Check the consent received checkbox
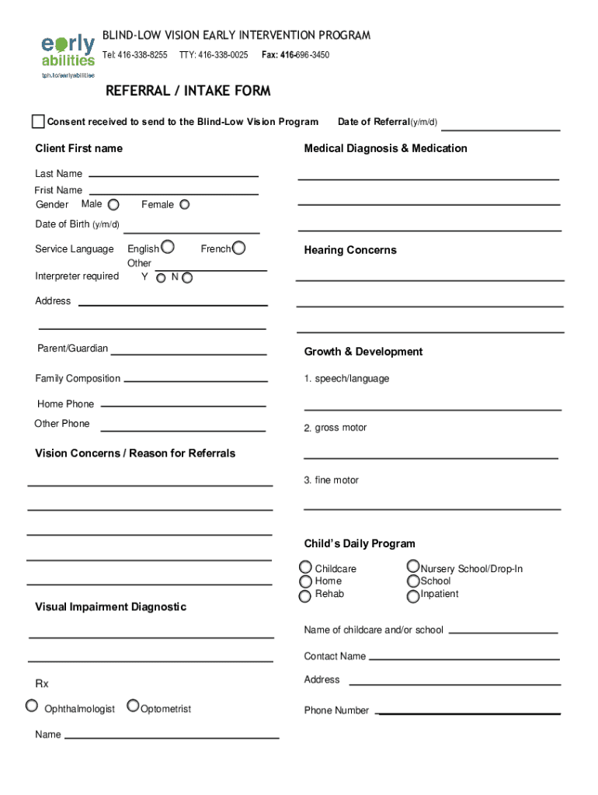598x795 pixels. pos(38,121)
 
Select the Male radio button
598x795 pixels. pos(113,205)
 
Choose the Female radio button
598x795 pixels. pos(185,205)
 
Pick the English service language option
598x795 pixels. pos(167,248)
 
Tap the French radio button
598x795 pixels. pos(239,248)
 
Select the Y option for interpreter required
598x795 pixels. pos(161,277)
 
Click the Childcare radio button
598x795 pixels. pos(307,568)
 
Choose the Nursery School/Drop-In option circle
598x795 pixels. pos(413,568)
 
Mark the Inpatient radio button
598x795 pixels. pos(413,596)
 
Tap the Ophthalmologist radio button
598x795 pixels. pos(31,706)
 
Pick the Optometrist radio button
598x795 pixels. pos(134,706)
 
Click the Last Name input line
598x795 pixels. pos(173,175)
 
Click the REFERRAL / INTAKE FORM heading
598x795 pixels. pos(188,91)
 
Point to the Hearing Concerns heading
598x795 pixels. pos(350,250)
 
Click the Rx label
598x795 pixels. pos(42,684)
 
